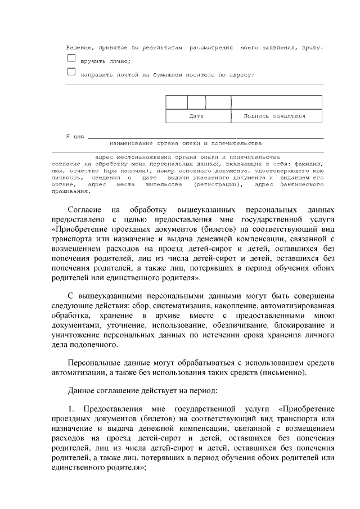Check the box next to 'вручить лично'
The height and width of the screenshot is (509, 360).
71,58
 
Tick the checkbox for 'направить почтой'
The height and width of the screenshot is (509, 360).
71,71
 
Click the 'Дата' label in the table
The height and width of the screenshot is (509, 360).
196,116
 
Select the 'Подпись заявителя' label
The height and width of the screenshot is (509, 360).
274,116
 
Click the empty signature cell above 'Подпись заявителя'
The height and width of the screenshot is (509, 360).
277,102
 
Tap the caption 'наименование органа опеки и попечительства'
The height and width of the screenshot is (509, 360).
186,143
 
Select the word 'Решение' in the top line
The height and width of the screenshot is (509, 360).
78,48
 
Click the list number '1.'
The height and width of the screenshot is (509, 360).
71,408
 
